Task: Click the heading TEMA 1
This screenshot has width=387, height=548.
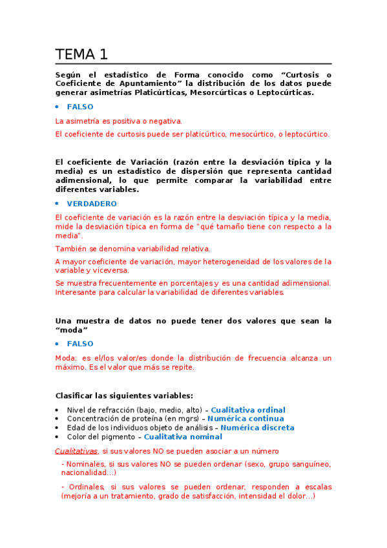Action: [81, 54]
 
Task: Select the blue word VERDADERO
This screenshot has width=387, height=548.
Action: [89, 203]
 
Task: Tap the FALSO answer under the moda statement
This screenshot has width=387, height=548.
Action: [80, 344]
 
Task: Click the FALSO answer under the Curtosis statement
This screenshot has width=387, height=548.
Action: [80, 107]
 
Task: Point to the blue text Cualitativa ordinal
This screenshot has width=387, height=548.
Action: [248, 410]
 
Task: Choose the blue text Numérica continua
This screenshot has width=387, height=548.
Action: [246, 419]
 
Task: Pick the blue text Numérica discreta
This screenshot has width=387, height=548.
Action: [257, 427]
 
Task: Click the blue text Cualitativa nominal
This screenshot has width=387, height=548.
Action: [183, 436]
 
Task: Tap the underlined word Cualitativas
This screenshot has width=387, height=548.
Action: [76, 450]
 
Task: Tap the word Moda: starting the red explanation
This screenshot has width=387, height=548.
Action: [66, 358]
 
